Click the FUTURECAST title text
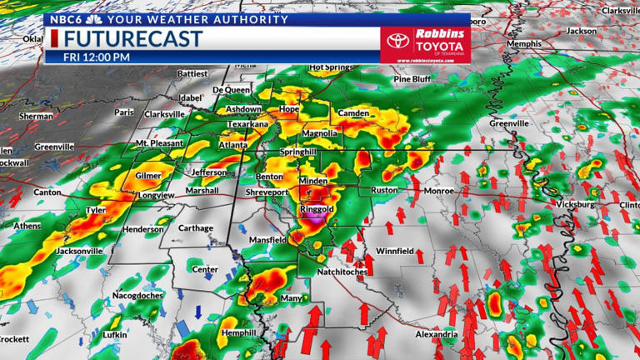[133, 39]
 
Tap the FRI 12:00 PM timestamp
[97, 57]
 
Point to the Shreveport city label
[266, 192]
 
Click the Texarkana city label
[247, 124]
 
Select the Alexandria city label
[437, 335]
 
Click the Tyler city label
[96, 211]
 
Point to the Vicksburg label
[574, 204]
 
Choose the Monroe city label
[438, 191]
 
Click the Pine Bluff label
[412, 79]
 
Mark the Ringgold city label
[317, 208]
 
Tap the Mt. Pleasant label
[160, 144]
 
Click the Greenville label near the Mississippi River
[509, 123]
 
